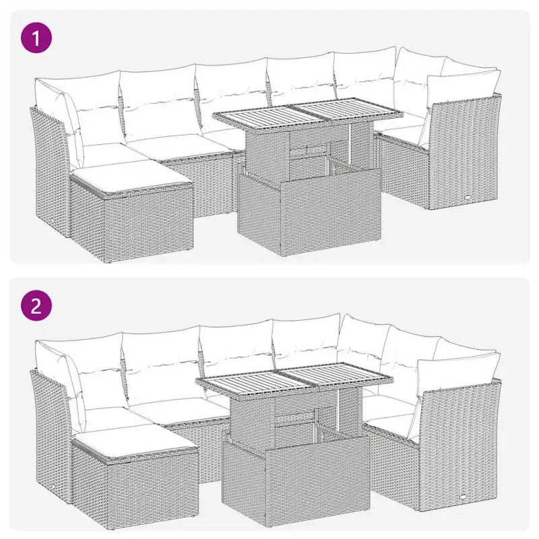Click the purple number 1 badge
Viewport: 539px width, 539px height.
(x=37, y=38)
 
